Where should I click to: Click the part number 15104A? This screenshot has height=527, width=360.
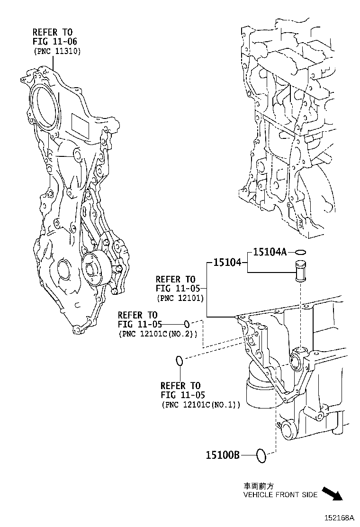(270, 252)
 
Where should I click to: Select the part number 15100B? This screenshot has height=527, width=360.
(223, 455)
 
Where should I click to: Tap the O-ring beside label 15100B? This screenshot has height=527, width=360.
(261, 456)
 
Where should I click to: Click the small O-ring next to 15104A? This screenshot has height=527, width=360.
(301, 252)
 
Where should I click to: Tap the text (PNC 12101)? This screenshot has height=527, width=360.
(180, 298)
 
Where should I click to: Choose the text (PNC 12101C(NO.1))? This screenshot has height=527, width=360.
(200, 404)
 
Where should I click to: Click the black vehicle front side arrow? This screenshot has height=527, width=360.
(332, 493)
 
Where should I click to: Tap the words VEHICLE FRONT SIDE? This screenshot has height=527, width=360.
(280, 495)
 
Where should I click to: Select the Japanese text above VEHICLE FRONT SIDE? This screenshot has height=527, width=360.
(258, 486)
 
